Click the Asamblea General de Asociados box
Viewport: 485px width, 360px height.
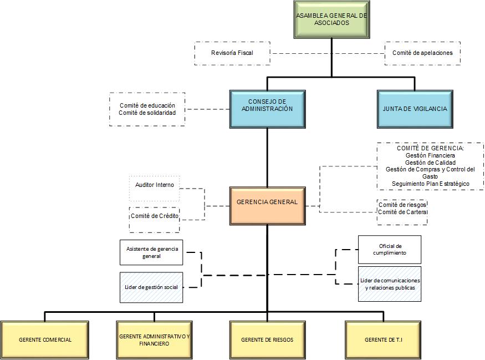click(x=331, y=20)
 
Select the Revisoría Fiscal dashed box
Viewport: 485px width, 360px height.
click(x=232, y=53)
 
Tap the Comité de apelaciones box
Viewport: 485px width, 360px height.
click(x=422, y=53)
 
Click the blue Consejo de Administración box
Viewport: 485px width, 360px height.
click(x=267, y=109)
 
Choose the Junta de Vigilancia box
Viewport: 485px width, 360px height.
click(x=415, y=109)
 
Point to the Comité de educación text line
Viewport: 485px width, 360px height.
click(x=147, y=105)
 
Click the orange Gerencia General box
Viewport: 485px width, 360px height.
click(x=267, y=202)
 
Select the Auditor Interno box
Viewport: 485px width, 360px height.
click(x=155, y=185)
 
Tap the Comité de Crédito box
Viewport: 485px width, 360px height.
click(x=155, y=216)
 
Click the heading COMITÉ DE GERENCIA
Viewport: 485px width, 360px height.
click(x=430, y=149)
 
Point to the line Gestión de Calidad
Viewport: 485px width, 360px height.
click(x=430, y=163)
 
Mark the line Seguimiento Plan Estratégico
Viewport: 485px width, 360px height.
click(x=430, y=184)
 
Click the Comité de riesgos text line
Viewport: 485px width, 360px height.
click(x=402, y=205)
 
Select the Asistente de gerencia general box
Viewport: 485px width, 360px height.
click(x=151, y=252)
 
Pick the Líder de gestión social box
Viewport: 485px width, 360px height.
click(x=151, y=287)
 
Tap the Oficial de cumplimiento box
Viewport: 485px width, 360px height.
click(x=389, y=250)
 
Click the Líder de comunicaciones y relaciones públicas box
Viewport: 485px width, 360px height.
click(x=389, y=284)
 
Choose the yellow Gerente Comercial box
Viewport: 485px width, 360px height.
click(x=45, y=339)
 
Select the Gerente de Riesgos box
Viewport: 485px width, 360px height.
click(x=267, y=339)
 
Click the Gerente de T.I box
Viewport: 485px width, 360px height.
click(x=383, y=339)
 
